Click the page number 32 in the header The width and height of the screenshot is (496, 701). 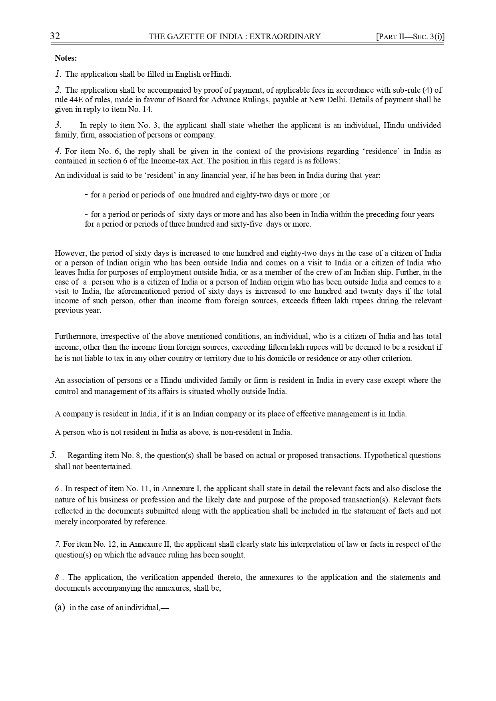click(55, 36)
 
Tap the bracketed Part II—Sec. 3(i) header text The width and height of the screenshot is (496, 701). click(410, 37)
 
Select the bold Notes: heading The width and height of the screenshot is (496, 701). click(66, 58)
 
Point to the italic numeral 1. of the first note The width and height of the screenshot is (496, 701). click(58, 74)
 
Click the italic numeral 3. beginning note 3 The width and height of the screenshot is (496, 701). click(58, 125)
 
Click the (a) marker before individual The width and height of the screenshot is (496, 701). click(60, 608)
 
